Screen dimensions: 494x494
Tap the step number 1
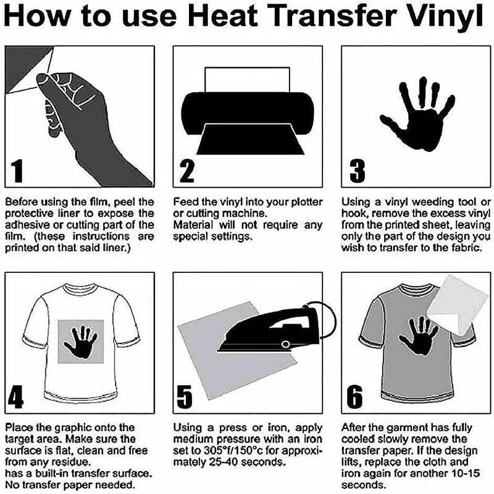click(17, 171)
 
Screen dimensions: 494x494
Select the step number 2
click(186, 171)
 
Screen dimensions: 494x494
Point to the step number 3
click(358, 171)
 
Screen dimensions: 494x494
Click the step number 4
click(16, 396)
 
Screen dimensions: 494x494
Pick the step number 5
click(184, 396)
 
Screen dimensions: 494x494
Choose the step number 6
click(354, 396)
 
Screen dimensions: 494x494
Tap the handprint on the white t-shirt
click(80, 342)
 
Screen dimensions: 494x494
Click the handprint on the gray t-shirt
click(419, 336)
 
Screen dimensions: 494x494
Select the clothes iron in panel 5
click(274, 329)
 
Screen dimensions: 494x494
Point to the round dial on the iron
click(285, 344)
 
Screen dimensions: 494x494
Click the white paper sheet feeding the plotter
click(248, 80)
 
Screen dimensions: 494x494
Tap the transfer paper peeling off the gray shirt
click(458, 304)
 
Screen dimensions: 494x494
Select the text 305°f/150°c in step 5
click(233, 451)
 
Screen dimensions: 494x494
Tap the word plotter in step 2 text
click(306, 202)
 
